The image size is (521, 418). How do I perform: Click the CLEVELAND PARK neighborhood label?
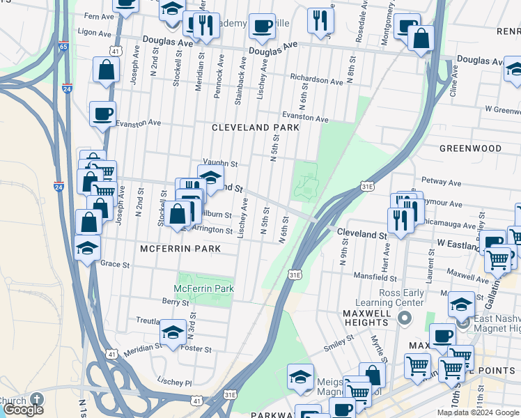click(x=256, y=127)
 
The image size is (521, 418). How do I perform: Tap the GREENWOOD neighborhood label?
click(x=470, y=148)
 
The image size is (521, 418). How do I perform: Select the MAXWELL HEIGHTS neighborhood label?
click(x=365, y=318)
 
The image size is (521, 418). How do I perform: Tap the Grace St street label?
click(x=115, y=265)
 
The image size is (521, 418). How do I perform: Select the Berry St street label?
click(x=171, y=301)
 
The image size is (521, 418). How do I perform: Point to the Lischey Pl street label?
click(x=174, y=382)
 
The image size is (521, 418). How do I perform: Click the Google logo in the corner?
click(x=23, y=410)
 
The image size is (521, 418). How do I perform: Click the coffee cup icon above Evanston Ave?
click(x=102, y=114)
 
